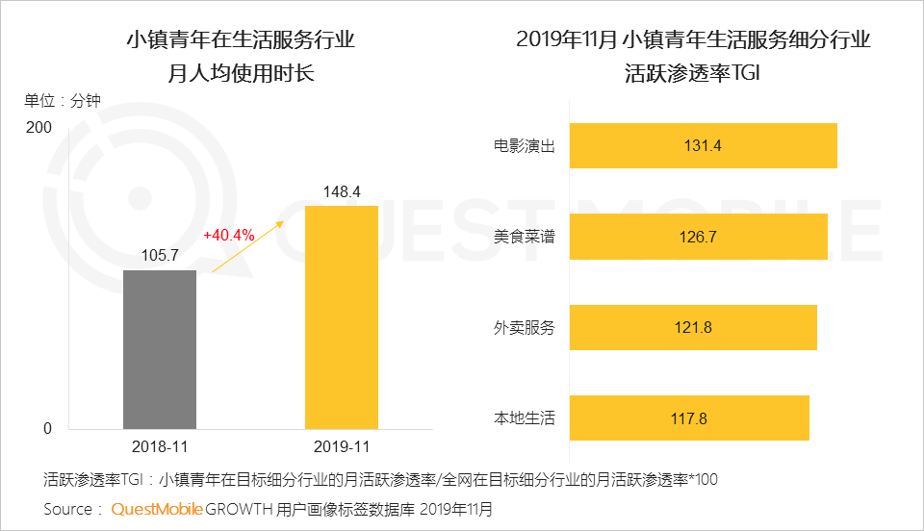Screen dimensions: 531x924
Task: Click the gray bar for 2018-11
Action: (160, 349)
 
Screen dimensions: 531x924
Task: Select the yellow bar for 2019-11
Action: (341, 316)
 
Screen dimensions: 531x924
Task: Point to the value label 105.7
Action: (160, 257)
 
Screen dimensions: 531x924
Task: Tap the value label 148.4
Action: (341, 192)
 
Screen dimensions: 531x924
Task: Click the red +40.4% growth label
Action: (228, 236)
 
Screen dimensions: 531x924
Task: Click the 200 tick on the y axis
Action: (39, 128)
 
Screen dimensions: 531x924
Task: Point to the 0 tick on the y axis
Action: (47, 429)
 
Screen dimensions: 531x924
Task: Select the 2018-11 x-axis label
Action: (160, 447)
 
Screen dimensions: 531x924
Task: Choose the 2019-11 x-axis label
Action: (341, 447)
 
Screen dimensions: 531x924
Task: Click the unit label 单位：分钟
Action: (63, 100)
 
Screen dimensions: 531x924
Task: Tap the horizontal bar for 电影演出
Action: (703, 146)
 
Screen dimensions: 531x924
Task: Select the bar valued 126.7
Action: (699, 237)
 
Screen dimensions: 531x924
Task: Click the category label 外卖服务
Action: (525, 327)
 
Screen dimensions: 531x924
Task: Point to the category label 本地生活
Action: (525, 417)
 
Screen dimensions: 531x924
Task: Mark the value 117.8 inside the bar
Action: (689, 418)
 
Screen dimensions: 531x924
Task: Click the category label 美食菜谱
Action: (525, 237)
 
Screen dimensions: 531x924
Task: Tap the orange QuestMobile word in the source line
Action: (157, 508)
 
